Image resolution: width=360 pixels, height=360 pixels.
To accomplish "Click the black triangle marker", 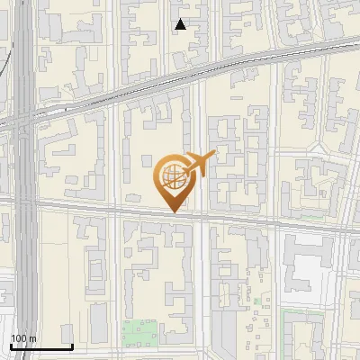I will pyautogui.click(x=181, y=24).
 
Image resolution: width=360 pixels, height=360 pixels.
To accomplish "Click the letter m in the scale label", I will pyautogui.click(x=32, y=339).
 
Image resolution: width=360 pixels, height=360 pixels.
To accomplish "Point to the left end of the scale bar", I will pyautogui.click(x=11, y=347).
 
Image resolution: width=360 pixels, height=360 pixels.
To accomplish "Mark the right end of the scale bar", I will pyautogui.click(x=72, y=347).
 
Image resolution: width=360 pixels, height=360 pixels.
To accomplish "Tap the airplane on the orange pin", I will pyautogui.click(x=201, y=164).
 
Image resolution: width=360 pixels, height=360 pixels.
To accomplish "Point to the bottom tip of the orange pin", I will pyautogui.click(x=172, y=211).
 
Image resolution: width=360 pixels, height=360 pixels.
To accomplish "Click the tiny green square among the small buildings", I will pyautogui.click(x=256, y=301).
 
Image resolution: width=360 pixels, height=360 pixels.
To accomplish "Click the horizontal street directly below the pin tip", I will pyautogui.click(x=172, y=215).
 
